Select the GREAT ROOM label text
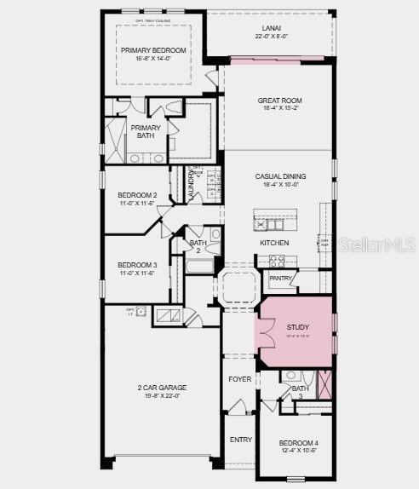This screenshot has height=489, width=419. [x=280, y=101]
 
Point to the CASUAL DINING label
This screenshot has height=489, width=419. [x=280, y=176]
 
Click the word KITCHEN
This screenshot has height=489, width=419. [x=274, y=243]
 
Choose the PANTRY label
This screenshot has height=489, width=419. [x=280, y=279]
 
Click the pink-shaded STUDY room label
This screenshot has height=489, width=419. [x=298, y=327]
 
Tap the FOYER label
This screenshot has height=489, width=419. [x=240, y=379]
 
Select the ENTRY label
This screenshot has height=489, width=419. [x=241, y=440]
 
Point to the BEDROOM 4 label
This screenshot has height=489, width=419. [x=298, y=443]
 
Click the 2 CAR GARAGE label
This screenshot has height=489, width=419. [x=162, y=388]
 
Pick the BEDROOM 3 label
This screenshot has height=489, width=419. [x=137, y=265]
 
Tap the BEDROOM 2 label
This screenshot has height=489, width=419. [x=137, y=195]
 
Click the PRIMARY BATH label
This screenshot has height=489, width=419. [x=145, y=132]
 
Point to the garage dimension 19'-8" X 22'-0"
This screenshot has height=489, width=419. [x=162, y=396]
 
